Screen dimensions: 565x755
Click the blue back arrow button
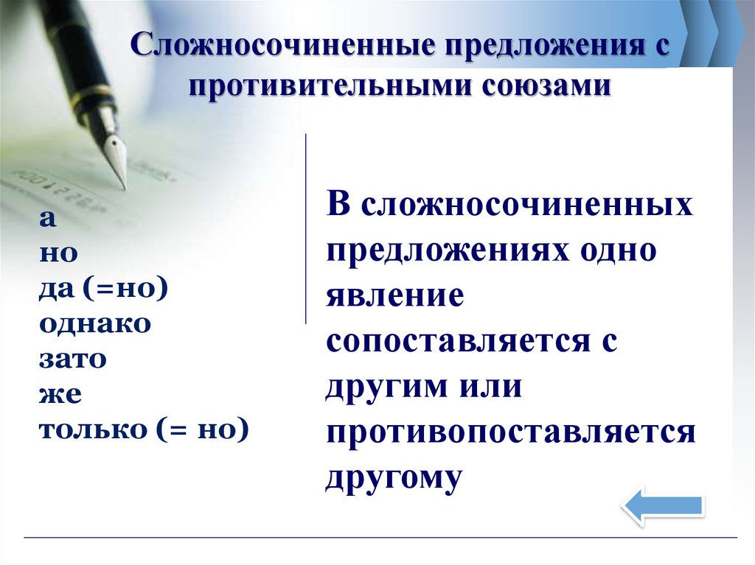(662, 506)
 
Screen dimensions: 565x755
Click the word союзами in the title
(547, 85)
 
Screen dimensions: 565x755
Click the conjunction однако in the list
(95, 324)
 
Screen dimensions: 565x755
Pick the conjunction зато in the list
(73, 359)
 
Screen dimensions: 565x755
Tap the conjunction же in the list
(60, 395)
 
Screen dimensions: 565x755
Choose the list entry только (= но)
(143, 430)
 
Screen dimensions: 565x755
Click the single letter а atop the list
(47, 219)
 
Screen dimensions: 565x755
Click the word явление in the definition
(395, 296)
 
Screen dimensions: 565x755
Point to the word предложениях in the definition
(444, 251)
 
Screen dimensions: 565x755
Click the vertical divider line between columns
(305, 228)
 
